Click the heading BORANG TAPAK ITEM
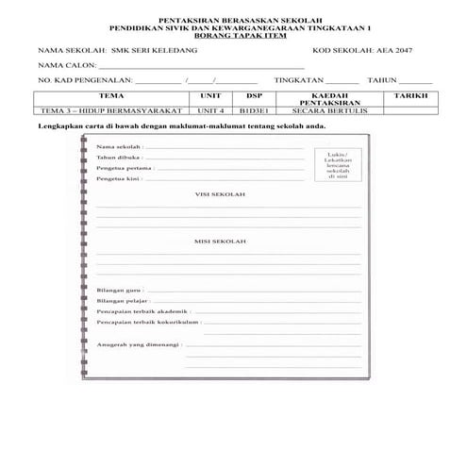233,35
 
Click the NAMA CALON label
64,66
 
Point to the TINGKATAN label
298,82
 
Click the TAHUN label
383,82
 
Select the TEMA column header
111,96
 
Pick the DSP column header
254,96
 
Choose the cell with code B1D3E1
254,110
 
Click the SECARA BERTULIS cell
324,110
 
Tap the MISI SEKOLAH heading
220,242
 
